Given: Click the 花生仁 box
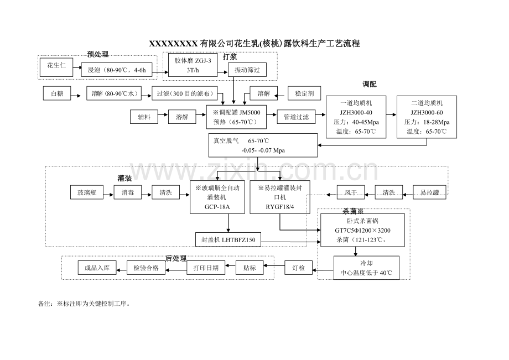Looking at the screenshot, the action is click(x=56, y=67).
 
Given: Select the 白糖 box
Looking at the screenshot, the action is click(x=57, y=93).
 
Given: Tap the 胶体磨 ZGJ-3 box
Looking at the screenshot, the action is click(x=193, y=65).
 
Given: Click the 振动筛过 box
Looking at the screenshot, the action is click(x=247, y=70).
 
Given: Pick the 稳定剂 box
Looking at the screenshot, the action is click(x=304, y=93).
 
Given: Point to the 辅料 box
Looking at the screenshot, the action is click(x=144, y=117).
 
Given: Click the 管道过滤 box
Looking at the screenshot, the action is click(x=296, y=117).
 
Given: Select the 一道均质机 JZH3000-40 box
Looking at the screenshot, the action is click(x=356, y=117).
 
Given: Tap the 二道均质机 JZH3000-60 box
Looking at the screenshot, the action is click(x=427, y=117).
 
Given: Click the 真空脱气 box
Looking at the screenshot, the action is click(x=263, y=145).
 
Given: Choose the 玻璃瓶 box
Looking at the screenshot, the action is click(x=87, y=192).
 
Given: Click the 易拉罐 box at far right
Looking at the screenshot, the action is click(x=429, y=192).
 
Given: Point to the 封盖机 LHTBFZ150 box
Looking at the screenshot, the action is click(x=228, y=239).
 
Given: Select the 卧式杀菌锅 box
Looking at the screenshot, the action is click(x=362, y=230).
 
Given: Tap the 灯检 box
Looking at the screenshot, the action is click(x=298, y=268).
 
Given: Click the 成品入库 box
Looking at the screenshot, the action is click(x=97, y=268).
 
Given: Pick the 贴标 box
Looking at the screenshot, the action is click(x=250, y=268).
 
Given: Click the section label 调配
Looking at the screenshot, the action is click(x=370, y=84).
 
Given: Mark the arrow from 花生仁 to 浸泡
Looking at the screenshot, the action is click(x=77, y=67).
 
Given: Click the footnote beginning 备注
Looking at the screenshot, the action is click(x=85, y=304).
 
